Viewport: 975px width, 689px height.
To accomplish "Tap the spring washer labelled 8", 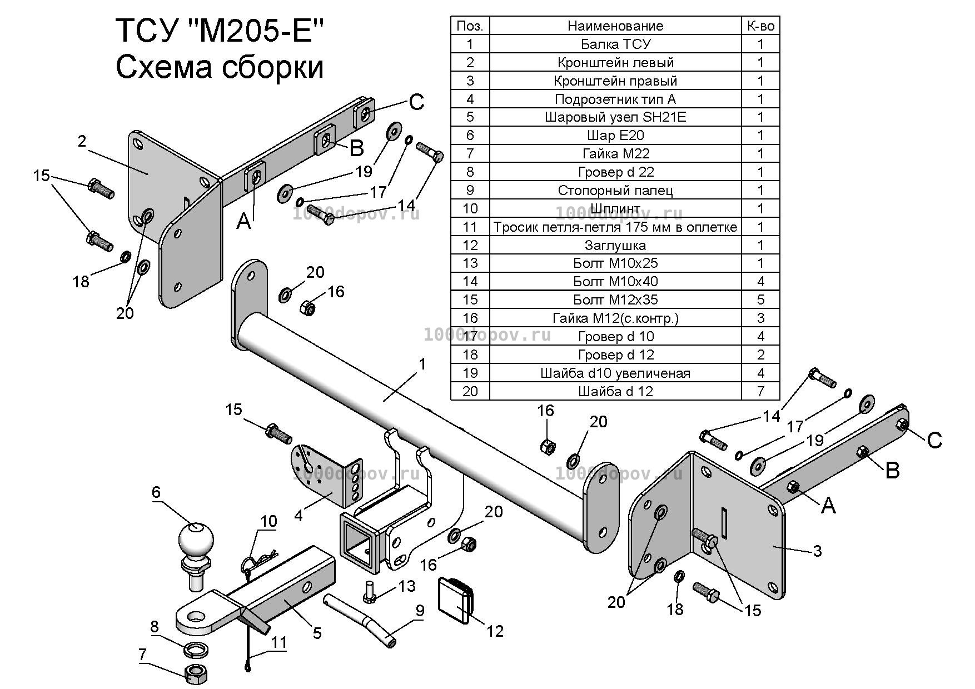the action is tap(196, 648).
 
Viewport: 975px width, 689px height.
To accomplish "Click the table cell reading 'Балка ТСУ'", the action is tap(615, 44).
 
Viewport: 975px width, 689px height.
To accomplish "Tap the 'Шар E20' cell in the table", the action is tap(615, 135).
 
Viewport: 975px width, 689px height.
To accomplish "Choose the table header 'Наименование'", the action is tap(615, 26).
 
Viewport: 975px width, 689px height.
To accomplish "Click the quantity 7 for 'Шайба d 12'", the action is tap(760, 391).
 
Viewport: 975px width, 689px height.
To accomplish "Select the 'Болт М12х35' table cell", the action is tap(615, 299).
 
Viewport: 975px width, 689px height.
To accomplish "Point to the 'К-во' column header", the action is tap(760, 26).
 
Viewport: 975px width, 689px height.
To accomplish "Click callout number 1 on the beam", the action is tap(422, 364).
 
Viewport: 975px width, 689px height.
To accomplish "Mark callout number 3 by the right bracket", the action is tap(817, 551).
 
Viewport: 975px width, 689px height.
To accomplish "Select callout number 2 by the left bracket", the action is tap(82, 141).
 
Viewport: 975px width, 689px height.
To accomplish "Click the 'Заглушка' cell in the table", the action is tap(615, 245).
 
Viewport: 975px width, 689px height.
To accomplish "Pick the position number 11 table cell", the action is tap(470, 227).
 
